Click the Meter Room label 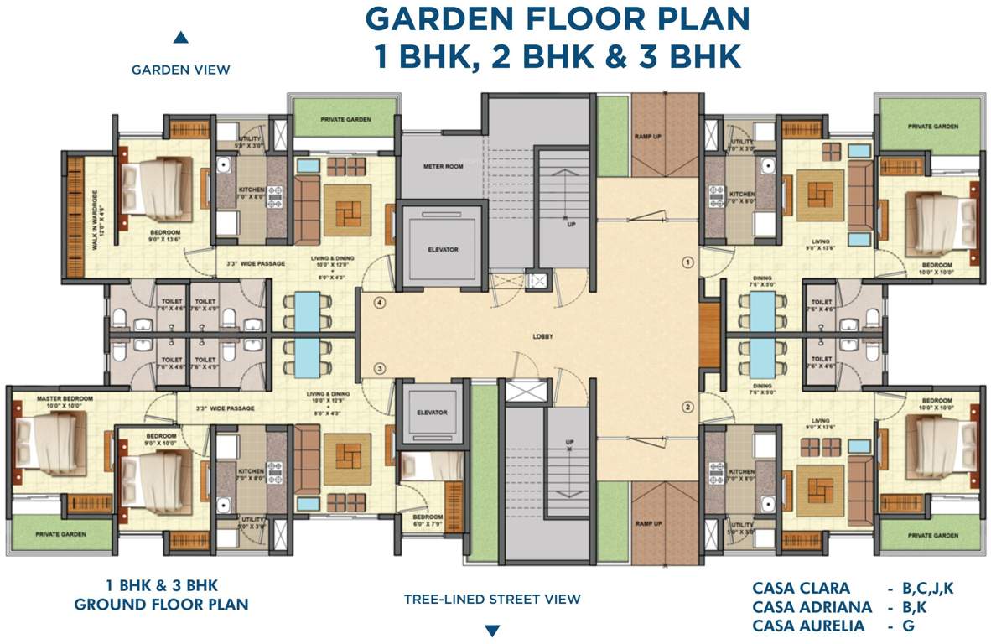point(443,167)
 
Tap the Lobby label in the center point(542,337)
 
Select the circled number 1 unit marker point(687,262)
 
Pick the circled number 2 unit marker point(687,408)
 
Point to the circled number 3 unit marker point(379,369)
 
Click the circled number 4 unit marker point(379,304)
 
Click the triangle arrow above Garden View point(180,38)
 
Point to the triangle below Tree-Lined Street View point(492,631)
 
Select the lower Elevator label point(433,413)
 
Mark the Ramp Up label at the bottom point(647,523)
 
